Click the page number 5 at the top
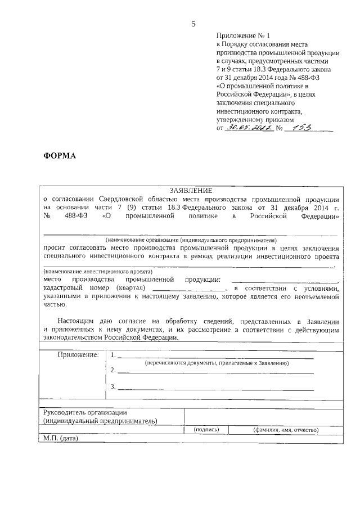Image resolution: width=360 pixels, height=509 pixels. tap(193, 24)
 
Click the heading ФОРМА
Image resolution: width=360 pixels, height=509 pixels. tap(60, 156)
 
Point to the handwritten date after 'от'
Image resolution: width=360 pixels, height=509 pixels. tap(249, 128)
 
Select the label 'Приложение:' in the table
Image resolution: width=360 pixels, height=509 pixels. tap(78, 355)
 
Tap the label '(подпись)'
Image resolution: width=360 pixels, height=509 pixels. tap(206, 430)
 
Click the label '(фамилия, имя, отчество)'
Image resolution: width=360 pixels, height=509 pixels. tap(286, 430)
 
